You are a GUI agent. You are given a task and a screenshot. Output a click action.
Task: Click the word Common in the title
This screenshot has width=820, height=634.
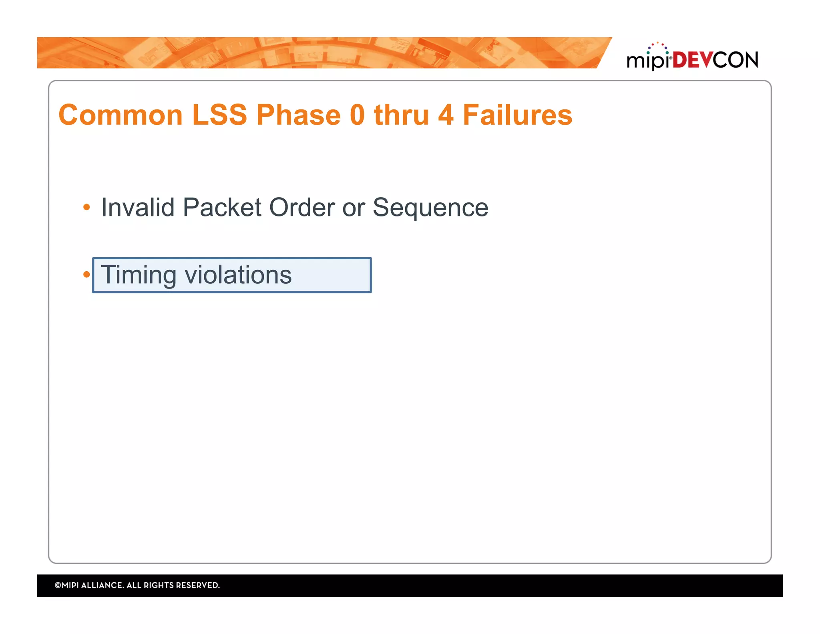pyautogui.click(x=121, y=115)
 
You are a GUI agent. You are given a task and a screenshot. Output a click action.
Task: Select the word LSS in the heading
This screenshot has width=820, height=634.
pyautogui.click(x=219, y=115)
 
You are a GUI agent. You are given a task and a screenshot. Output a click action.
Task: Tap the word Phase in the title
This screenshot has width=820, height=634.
pyautogui.click(x=298, y=115)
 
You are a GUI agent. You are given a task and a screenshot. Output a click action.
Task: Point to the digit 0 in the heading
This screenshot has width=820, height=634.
pyautogui.click(x=357, y=115)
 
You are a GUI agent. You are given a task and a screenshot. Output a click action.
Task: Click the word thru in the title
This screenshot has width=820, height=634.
pyautogui.click(x=401, y=115)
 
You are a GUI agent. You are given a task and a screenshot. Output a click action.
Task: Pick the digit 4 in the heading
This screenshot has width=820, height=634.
pyautogui.click(x=446, y=115)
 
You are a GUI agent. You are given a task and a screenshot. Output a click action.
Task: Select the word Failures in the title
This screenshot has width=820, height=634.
pyautogui.click(x=517, y=115)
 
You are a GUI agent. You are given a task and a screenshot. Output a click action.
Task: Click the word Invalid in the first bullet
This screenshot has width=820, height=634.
pyautogui.click(x=137, y=208)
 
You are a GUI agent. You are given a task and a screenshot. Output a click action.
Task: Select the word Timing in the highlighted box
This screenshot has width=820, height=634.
pyautogui.click(x=139, y=276)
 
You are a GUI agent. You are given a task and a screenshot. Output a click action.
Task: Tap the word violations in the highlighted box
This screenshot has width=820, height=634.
pyautogui.click(x=238, y=275)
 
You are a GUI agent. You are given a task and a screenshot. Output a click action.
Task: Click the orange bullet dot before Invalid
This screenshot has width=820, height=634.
pyautogui.click(x=86, y=207)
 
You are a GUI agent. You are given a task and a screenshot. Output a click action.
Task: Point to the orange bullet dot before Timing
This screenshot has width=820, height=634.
pyautogui.click(x=86, y=275)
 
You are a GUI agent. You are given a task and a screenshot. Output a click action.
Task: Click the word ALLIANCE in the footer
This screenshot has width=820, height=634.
pyautogui.click(x=102, y=585)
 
